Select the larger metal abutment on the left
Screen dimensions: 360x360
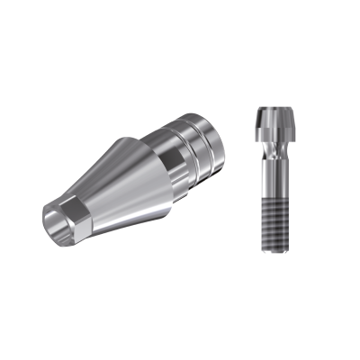tap(135, 171)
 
